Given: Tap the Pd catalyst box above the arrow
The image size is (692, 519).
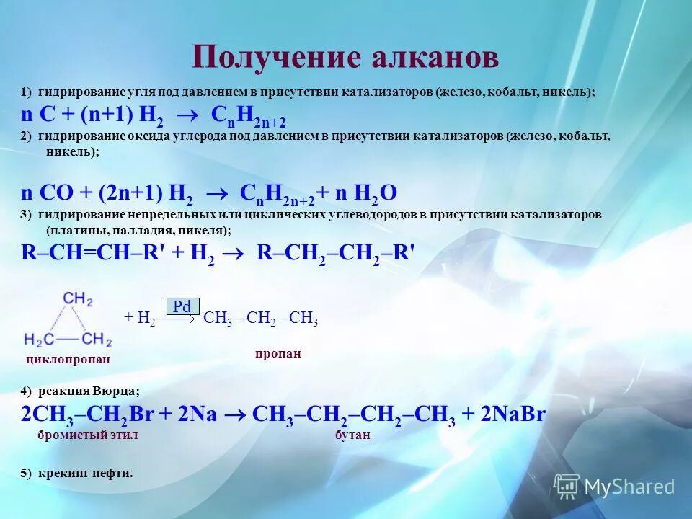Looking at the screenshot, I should click(182, 306).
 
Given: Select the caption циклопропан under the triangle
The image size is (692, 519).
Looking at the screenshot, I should click(67, 359).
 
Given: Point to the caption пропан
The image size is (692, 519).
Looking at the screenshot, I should click(278, 354).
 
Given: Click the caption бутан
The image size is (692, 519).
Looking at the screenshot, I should click(352, 435).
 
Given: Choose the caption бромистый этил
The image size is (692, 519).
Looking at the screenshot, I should click(87, 435).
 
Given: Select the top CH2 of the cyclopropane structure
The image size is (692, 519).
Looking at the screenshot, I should click(77, 298).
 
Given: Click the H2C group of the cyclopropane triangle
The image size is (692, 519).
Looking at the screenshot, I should click(39, 339).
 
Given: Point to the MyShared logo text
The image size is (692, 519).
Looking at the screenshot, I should click(629, 486).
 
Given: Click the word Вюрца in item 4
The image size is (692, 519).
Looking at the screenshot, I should click(116, 391).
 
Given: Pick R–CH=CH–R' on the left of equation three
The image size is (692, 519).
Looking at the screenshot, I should click(93, 252).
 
